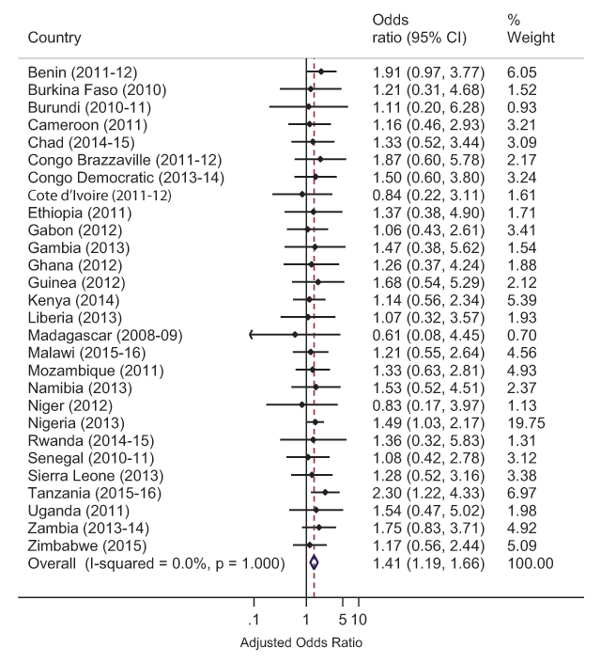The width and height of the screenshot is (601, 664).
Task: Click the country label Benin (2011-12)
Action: (86, 72)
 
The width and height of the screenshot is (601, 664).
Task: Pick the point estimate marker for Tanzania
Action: (325, 492)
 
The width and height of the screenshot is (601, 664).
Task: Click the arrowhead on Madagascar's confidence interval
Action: (252, 335)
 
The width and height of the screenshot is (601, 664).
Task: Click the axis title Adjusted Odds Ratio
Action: (300, 643)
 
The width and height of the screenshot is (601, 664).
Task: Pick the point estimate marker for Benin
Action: (321, 71)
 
